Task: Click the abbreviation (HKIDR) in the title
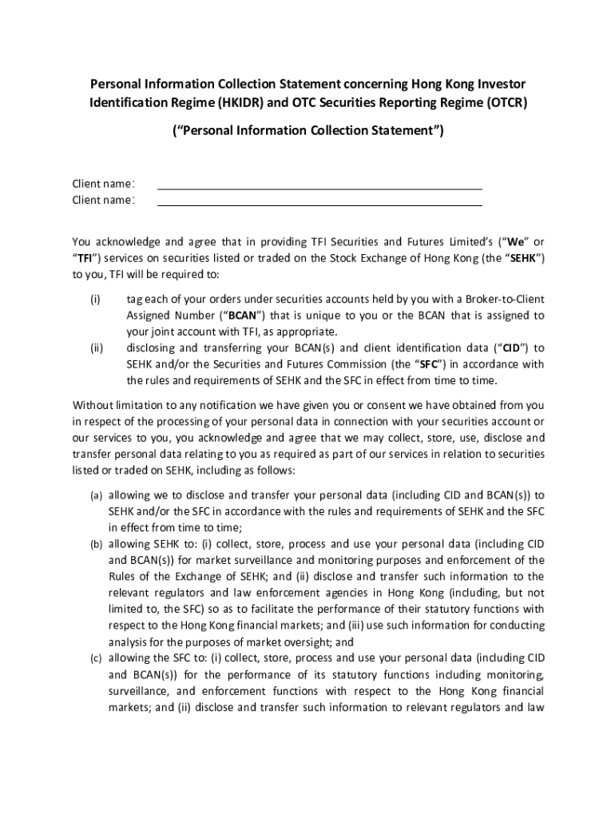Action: tap(237, 102)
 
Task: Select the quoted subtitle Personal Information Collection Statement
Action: tap(307, 130)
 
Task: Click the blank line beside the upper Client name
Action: tap(319, 184)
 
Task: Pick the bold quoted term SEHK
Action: tap(527, 258)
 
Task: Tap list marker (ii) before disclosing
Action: tap(95, 347)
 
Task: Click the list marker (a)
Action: tap(95, 495)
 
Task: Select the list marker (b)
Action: tap(95, 544)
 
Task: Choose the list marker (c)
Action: tap(95, 659)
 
